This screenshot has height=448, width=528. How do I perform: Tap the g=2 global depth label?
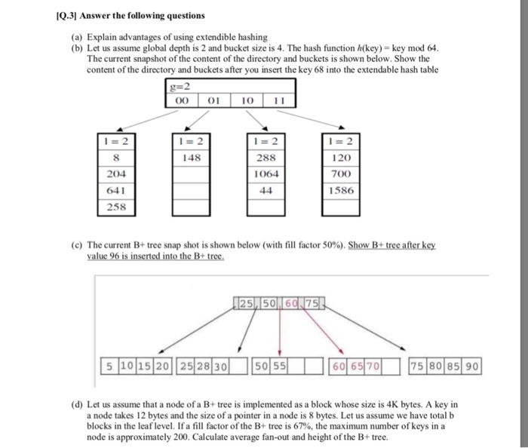coord(177,86)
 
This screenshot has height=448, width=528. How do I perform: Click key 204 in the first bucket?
coord(115,173)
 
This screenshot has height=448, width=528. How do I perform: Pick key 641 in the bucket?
coord(115,189)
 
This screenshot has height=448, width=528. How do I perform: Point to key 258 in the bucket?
coord(115,205)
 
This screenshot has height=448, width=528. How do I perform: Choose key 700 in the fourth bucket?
coord(340,173)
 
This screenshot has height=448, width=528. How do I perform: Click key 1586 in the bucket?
coord(340,189)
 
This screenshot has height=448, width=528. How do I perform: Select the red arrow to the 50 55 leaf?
coord(279,332)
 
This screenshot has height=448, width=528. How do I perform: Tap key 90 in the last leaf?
coord(471,367)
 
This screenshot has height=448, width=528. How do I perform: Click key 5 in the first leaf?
coord(110,367)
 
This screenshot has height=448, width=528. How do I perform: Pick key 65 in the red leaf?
coord(358,367)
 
